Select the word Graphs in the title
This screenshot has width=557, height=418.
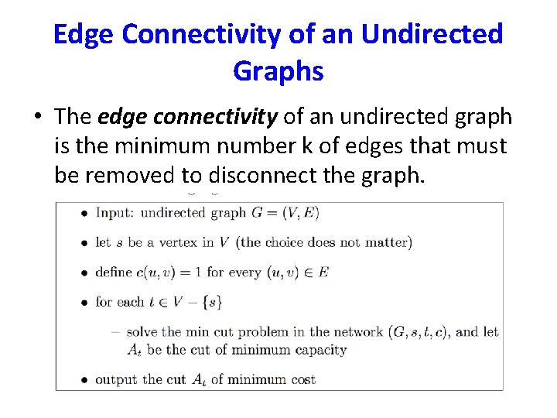tap(278, 71)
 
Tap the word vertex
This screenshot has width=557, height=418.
tap(182, 242)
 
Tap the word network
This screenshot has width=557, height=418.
tap(358, 332)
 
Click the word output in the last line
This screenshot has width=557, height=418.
tap(117, 379)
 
